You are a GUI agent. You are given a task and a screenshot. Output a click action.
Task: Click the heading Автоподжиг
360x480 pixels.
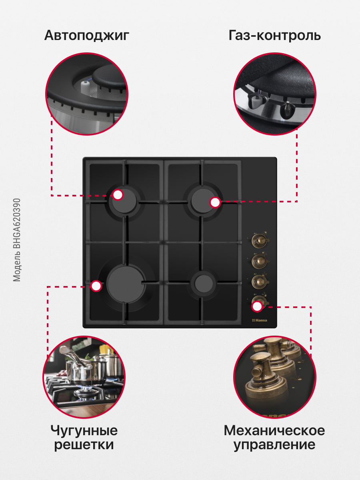click(86, 36)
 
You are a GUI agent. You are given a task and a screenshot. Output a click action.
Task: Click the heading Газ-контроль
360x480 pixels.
click(274, 35)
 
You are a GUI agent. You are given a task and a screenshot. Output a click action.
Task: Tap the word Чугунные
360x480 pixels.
click(84, 431)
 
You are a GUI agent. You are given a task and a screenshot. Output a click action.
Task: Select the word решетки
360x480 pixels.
click(84, 444)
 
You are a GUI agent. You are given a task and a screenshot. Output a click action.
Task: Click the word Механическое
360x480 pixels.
click(274, 430)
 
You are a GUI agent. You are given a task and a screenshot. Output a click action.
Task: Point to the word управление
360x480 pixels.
click(274, 445)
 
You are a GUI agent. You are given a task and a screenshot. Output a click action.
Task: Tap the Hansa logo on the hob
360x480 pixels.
click(260, 320)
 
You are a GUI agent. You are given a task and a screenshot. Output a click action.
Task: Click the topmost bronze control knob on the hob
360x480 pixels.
click(260, 240)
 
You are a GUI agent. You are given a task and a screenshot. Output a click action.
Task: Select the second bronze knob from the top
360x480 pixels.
click(260, 260)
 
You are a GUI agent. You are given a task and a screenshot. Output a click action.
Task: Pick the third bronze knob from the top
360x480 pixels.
click(260, 280)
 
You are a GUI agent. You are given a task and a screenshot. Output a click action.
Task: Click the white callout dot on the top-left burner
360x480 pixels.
click(118, 195)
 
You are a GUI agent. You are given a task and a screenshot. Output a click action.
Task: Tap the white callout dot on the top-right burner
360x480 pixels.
click(215, 202)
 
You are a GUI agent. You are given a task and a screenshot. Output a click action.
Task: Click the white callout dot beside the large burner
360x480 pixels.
click(96, 286)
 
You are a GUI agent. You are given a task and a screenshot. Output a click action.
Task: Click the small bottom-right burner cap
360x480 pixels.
click(204, 284)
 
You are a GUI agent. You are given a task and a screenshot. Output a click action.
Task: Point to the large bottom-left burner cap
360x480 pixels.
click(126, 284)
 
